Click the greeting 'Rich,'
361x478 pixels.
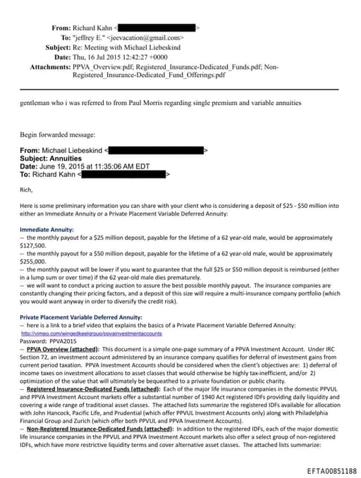click(x=26, y=189)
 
